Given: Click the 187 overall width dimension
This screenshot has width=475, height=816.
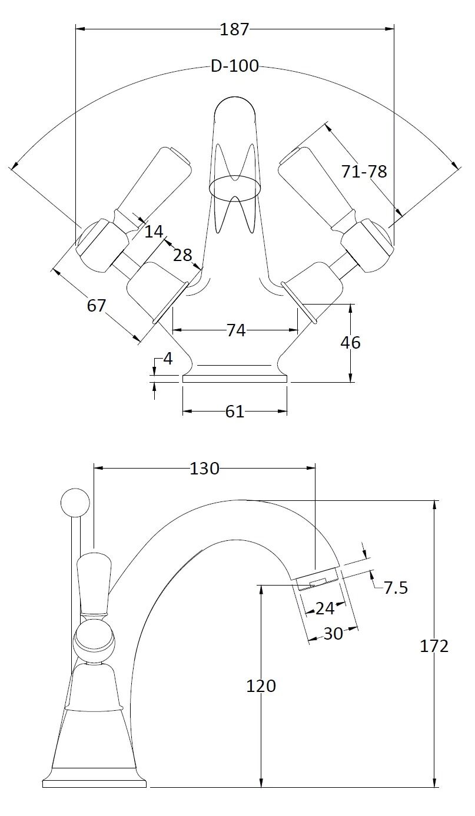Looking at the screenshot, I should tap(235, 29).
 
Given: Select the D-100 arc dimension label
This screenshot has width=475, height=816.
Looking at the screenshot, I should tap(235, 66).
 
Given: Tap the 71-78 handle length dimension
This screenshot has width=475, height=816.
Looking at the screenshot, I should tap(364, 172).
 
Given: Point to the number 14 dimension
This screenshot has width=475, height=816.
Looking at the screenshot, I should tap(154, 232).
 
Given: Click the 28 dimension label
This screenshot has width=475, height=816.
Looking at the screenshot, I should tap(183, 255).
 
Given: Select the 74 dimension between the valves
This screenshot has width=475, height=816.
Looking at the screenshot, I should tap(235, 331).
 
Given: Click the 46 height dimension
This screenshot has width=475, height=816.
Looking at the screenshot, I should tap(350, 342).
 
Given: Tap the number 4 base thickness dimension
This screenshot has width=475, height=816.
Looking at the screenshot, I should tap(168, 359).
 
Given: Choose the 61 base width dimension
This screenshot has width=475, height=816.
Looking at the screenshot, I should tap(234, 412).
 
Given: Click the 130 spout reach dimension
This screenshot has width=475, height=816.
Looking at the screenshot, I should tap(204, 469).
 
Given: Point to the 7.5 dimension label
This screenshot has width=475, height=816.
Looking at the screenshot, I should tap(396, 587).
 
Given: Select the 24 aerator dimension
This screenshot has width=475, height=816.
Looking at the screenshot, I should tap(324, 608).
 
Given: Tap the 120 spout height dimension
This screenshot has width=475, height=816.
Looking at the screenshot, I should tap(261, 685).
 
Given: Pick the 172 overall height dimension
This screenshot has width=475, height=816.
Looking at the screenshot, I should tap(434, 646).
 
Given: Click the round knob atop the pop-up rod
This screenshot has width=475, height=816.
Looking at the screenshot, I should tap(75, 501).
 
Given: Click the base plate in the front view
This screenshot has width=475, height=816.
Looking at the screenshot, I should tap(235, 379).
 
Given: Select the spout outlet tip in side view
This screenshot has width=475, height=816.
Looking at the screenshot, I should tap(318, 580).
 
